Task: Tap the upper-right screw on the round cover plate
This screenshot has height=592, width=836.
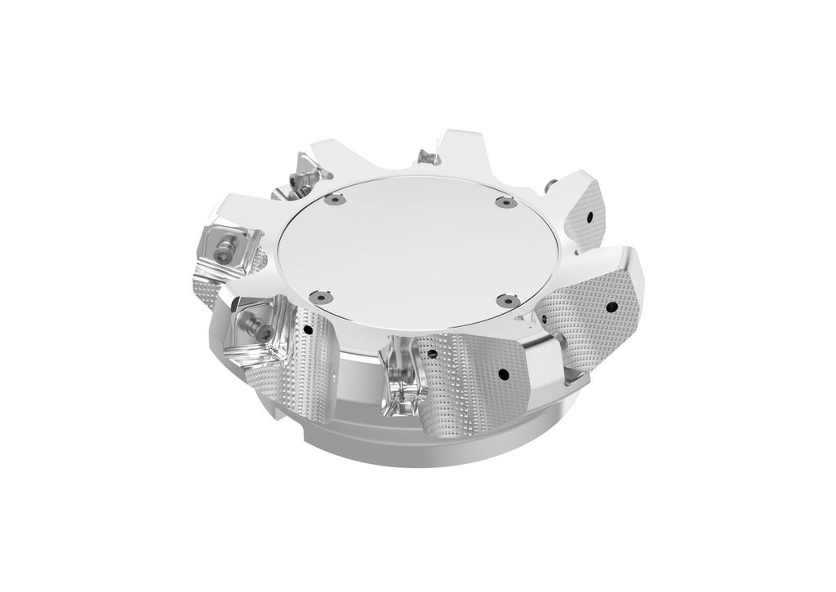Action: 506,201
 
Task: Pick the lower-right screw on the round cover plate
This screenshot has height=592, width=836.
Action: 504,302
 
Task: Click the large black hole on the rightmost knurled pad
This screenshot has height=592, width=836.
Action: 610,307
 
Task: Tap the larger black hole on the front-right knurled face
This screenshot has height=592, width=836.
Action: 502,374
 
